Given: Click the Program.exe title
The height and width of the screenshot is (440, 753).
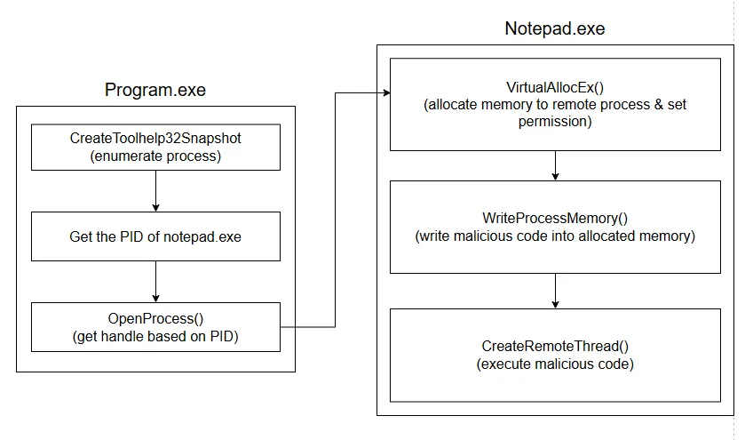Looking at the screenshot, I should coord(155,90).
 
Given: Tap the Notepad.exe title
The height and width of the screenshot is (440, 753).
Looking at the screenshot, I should coord(554,28).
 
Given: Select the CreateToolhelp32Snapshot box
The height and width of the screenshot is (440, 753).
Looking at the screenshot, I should coord(155,147).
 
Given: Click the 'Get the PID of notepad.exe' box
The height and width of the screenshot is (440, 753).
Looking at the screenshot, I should coord(155,236).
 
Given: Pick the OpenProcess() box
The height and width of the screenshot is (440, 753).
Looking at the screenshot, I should coord(155,326).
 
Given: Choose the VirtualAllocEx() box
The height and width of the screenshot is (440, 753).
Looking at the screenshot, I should coord(555,105).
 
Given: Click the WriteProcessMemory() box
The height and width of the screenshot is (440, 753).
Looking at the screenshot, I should coord(555,227).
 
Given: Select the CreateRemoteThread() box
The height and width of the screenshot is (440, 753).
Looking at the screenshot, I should coord(555,355).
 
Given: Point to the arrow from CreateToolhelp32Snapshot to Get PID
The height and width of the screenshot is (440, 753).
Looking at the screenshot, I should coord(155,190).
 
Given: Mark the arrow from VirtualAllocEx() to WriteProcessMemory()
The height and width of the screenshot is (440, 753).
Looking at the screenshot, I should coord(555,165).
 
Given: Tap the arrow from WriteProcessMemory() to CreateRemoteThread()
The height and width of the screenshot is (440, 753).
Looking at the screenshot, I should coord(555,291).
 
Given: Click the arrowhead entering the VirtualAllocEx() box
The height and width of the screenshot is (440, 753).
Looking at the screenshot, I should coord(385,92).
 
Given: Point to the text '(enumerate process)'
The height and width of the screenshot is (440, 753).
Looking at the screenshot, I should coord(155,156).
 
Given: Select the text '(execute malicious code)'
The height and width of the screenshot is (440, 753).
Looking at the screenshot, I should coord(555,364).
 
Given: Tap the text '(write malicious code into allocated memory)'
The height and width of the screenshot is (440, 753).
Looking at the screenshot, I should coord(555,236).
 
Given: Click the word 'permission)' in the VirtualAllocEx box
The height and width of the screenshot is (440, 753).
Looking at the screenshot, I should coord(555,122).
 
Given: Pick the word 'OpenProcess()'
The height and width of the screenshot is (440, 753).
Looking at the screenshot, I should coord(155,318).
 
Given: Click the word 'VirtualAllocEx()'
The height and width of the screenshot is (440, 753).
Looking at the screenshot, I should coord(555,88).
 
